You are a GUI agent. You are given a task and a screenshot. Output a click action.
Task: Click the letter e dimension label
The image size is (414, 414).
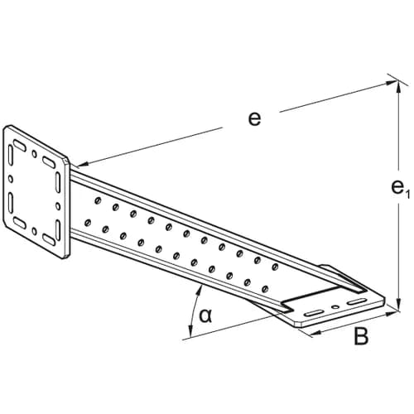[254, 119]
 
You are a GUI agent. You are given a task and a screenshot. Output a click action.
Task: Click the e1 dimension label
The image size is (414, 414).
[400, 189]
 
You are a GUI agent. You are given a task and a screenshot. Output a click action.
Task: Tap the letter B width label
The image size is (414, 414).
[361, 336]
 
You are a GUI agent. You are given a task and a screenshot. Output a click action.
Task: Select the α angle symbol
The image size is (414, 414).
[205, 316]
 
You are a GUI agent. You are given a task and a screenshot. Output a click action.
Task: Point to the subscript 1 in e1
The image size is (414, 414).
[407, 195]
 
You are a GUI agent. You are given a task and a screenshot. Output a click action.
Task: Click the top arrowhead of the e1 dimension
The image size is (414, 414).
[398, 85]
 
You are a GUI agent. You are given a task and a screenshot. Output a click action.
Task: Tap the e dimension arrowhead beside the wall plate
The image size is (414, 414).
[84, 164]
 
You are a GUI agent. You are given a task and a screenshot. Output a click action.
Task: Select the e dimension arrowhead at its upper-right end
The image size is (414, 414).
[392, 82]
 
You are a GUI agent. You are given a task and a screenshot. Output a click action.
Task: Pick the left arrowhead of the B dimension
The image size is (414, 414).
[316, 334]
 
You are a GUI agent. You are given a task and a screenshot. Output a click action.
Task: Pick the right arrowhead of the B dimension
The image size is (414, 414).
[392, 313]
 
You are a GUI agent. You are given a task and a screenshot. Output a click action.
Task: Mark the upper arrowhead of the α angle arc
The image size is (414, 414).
[200, 291]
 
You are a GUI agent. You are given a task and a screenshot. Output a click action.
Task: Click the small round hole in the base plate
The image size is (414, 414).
[335, 306]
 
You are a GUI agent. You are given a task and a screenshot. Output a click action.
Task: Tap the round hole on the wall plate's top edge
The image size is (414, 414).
[34, 154]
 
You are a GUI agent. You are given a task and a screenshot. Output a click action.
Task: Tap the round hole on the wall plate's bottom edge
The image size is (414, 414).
[34, 231]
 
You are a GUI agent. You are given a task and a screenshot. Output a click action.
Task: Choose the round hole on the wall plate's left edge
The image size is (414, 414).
[11, 179]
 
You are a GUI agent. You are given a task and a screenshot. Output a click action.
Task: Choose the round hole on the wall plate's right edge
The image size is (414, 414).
[58, 206]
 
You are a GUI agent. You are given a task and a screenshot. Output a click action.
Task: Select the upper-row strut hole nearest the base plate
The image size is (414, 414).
[275, 267]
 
